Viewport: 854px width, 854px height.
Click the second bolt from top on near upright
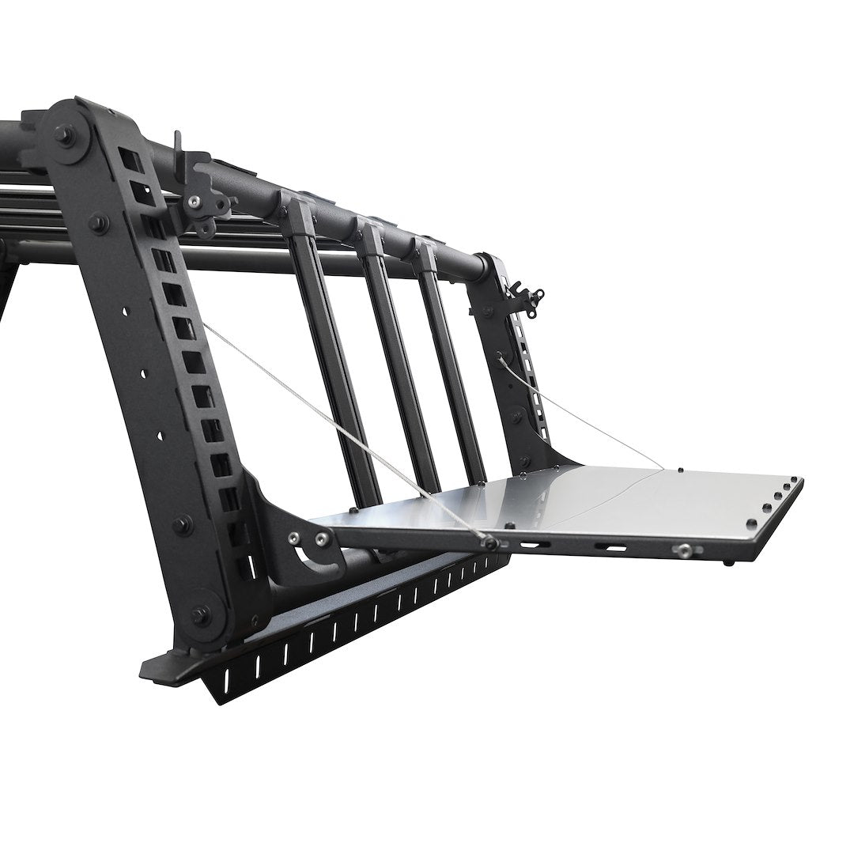coord(99,222)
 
